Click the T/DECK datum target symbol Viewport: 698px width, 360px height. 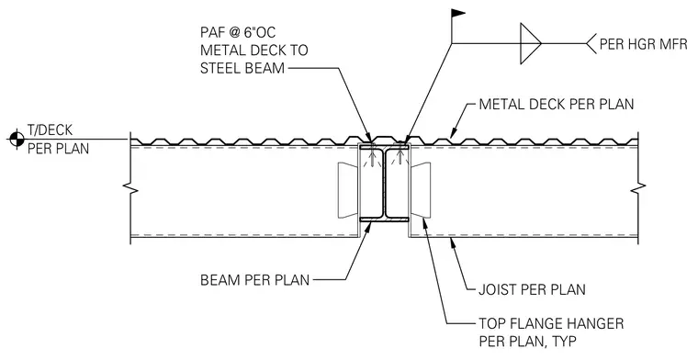[17, 140]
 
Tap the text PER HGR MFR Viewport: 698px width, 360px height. [643, 43]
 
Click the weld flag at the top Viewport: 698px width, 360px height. [458, 14]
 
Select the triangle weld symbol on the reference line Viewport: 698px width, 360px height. [531, 43]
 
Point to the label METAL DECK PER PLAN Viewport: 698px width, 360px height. [556, 105]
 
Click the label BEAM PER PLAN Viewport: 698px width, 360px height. [254, 280]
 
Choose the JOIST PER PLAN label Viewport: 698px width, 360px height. [532, 289]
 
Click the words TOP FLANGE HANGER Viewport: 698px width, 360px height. [551, 323]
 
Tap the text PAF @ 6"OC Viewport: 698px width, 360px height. [238, 32]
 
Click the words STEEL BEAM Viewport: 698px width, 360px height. [242, 68]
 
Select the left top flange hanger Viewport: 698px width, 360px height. [347, 190]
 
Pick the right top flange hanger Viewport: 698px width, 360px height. [421, 190]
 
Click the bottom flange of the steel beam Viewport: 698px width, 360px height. [384, 219]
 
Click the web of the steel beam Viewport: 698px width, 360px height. [384, 184]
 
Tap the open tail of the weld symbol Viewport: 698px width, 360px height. [591, 43]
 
